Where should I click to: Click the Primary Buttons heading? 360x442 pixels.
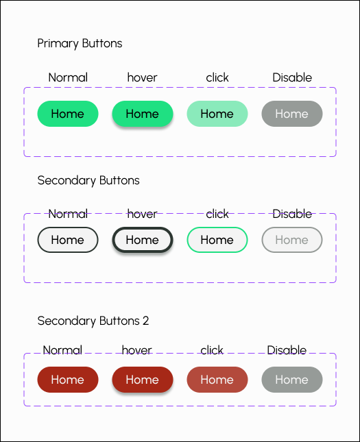[x=80, y=44]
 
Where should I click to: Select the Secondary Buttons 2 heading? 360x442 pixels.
[x=93, y=321]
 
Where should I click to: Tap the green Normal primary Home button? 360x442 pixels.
[x=68, y=114]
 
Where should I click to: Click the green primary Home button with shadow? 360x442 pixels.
[x=143, y=114]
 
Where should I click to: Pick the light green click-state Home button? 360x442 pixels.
[x=217, y=114]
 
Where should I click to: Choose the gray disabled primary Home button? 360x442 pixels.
[x=292, y=114]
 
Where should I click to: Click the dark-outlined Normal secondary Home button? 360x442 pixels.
[x=68, y=240]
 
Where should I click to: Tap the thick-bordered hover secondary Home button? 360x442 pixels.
[x=143, y=240]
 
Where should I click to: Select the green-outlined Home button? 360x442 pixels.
[x=217, y=240]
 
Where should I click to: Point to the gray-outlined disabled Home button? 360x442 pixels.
[x=292, y=240]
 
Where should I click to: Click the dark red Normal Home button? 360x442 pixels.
[x=68, y=380]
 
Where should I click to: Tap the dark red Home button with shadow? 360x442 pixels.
[x=143, y=380]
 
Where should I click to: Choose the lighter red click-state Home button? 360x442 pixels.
[x=217, y=380]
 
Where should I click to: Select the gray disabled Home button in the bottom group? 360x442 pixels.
[x=292, y=380]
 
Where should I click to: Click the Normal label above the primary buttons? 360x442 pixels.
[x=68, y=77]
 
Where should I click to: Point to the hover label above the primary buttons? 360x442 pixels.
[x=142, y=77]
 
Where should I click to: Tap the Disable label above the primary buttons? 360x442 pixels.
[x=292, y=77]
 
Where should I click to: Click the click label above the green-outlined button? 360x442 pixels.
[x=217, y=214]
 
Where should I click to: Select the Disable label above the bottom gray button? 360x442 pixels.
[x=287, y=350]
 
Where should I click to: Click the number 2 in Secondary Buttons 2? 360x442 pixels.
[x=145, y=321]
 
